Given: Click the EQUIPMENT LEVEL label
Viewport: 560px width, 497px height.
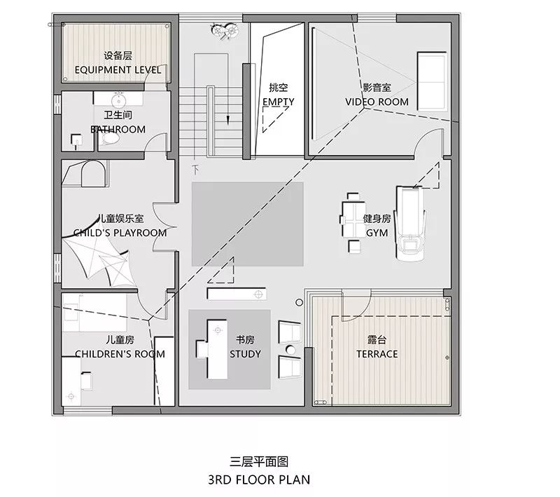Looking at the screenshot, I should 118,70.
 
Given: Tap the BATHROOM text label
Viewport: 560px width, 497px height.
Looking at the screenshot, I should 118,129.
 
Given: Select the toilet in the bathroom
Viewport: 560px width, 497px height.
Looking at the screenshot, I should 111,140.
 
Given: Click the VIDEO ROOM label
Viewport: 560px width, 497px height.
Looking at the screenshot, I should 377,102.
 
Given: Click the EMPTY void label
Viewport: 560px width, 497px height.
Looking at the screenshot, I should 278,102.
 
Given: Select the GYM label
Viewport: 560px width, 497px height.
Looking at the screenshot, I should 377,233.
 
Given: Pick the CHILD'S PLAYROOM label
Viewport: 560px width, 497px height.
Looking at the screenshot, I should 120,233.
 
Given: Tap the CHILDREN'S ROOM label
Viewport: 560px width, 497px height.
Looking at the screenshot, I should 120,354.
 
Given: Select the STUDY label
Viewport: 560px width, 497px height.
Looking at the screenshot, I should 245,354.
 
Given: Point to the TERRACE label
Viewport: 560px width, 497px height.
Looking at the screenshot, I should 377,354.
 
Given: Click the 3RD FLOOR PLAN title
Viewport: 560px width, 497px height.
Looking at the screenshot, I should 259,480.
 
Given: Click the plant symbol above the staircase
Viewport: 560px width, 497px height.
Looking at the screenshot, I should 226,30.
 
